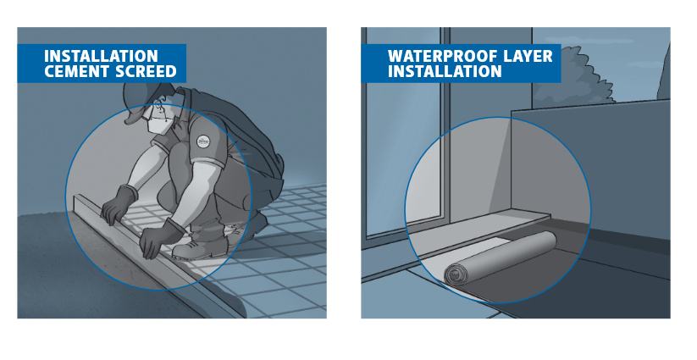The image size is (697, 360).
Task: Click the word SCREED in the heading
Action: (x=143, y=71)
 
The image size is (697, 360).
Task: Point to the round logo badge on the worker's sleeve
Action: (x=202, y=141)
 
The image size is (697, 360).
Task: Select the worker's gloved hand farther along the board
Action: (x=119, y=205)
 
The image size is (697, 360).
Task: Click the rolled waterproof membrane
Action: (x=500, y=258)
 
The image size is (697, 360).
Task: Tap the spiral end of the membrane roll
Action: (x=456, y=274)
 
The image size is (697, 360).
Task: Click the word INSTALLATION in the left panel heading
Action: (x=101, y=57)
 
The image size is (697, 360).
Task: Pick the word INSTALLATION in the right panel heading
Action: (x=445, y=71)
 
